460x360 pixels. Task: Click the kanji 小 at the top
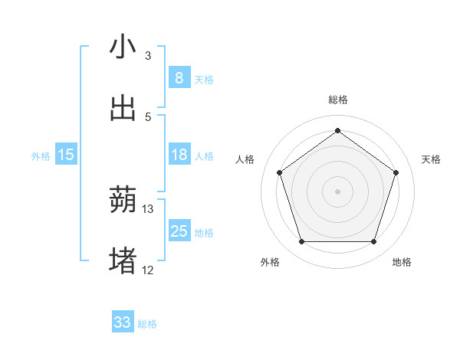(x=123, y=47)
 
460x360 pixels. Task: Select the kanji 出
(x=123, y=109)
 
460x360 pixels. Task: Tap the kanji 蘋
(x=123, y=201)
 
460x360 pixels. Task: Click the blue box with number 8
(x=179, y=77)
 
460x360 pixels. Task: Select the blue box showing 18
(x=179, y=155)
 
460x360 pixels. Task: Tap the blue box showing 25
(x=179, y=231)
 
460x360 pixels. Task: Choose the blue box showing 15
(x=66, y=155)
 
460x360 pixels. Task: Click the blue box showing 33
(x=123, y=322)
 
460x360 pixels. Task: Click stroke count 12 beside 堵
(x=148, y=270)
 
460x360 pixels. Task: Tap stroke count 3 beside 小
(x=148, y=55)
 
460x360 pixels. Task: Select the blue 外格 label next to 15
(x=41, y=155)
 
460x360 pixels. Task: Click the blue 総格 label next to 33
(x=147, y=323)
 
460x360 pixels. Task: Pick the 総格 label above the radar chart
(x=337, y=100)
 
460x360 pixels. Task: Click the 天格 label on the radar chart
(x=431, y=159)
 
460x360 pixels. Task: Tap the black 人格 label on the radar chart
(x=245, y=159)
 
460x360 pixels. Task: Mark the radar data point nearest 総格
(x=337, y=131)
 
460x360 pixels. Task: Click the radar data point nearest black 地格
(x=373, y=242)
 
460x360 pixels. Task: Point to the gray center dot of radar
(x=337, y=191)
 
